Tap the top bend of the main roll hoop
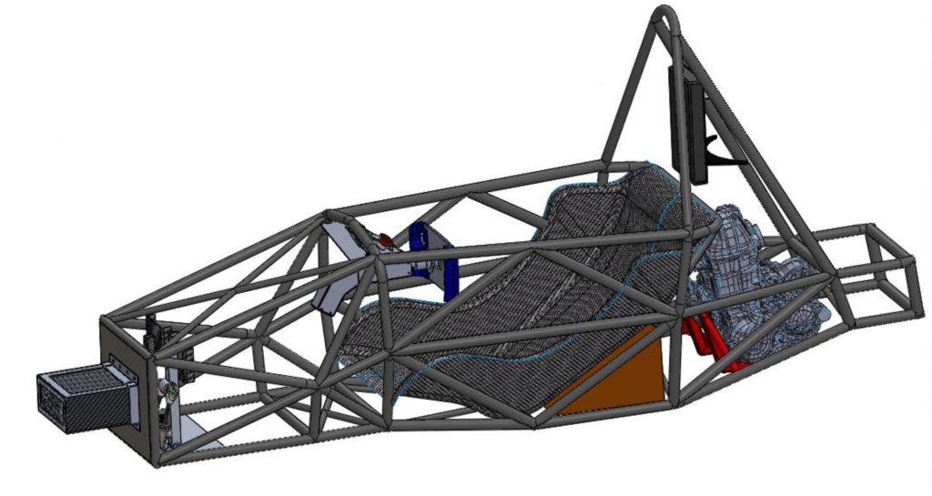click(x=666, y=15)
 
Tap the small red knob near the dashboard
click(x=387, y=240)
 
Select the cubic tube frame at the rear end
click(x=874, y=268)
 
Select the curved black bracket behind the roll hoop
click(x=724, y=155)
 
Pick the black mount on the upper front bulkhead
click(x=153, y=332)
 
